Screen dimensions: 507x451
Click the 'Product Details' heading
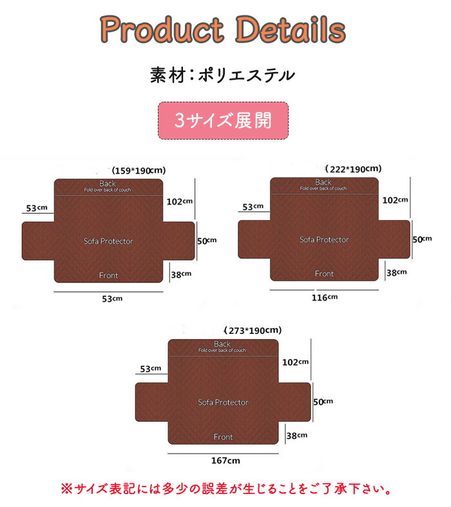pyautogui.click(x=223, y=30)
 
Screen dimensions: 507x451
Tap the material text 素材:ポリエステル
pyautogui.click(x=222, y=75)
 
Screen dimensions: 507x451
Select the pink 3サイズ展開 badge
pyautogui.click(x=223, y=120)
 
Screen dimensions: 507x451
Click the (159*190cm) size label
pyautogui.click(x=139, y=171)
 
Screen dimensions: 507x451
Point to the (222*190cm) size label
pyautogui.click(x=354, y=169)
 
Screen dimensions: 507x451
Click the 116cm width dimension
pyautogui.click(x=324, y=297)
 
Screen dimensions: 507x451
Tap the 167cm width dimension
pyautogui.click(x=225, y=461)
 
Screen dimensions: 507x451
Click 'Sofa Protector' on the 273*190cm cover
pyautogui.click(x=223, y=402)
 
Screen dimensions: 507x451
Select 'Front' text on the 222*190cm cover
pyautogui.click(x=324, y=273)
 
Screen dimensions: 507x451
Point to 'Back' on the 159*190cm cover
pyautogui.click(x=108, y=183)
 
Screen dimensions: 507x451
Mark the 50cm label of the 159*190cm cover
pyautogui.click(x=207, y=241)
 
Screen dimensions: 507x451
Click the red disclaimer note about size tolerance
pyautogui.click(x=225, y=489)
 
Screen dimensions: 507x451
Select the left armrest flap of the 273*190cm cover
pyautogui.click(x=151, y=403)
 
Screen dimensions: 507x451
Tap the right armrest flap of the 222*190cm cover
pyautogui.click(x=394, y=239)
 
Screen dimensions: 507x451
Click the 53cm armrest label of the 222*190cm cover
pyautogui.click(x=253, y=207)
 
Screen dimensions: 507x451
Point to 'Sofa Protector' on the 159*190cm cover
pyautogui.click(x=108, y=241)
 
